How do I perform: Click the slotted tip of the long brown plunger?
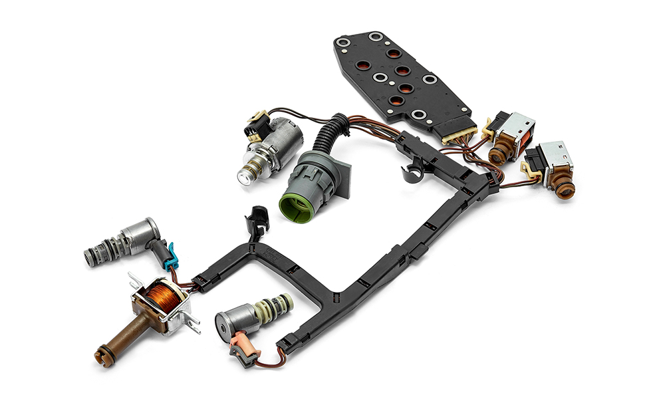(x=102, y=350)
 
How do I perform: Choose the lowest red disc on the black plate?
(x=395, y=101)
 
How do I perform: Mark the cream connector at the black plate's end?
(x=459, y=136)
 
